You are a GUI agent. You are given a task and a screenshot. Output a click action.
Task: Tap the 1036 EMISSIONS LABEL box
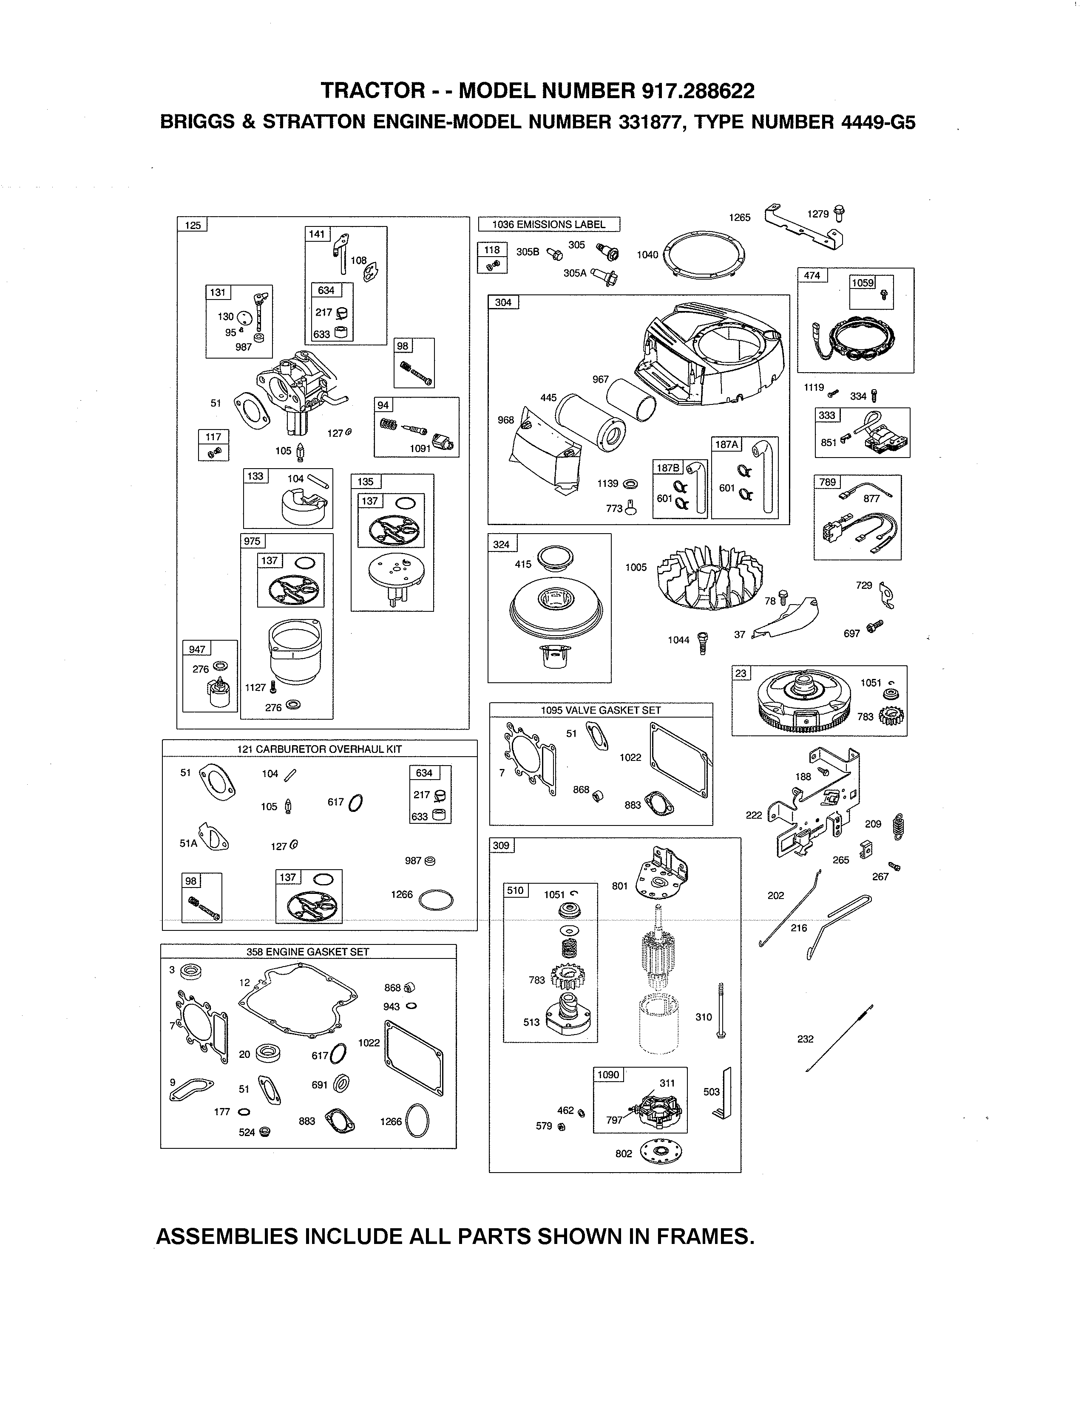click(549, 224)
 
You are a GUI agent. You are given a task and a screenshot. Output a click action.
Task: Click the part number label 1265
click(739, 218)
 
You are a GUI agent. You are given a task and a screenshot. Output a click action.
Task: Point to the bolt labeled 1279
click(839, 212)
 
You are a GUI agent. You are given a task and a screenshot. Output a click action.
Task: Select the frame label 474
click(812, 275)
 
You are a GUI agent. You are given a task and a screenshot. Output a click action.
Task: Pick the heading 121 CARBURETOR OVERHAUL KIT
click(319, 749)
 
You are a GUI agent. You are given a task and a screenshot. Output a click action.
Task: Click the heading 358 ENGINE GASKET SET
click(308, 952)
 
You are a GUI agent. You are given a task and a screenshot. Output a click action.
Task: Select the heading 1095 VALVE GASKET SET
click(600, 710)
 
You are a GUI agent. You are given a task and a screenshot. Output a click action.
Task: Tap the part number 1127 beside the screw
click(255, 687)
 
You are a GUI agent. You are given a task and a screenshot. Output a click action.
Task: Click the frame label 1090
click(607, 1074)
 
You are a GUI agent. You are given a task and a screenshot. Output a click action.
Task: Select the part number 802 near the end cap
click(624, 1153)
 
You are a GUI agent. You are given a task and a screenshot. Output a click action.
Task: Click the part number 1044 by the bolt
click(678, 640)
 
